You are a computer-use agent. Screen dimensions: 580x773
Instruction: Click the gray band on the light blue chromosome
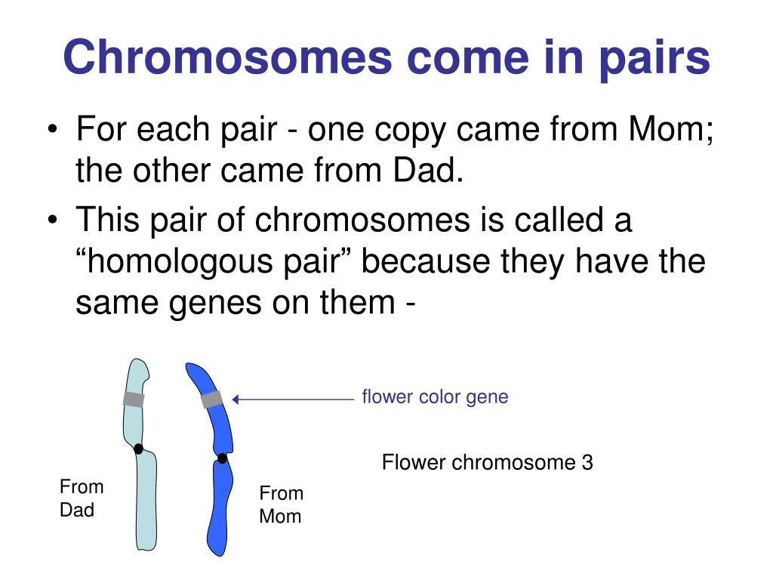pos(134,400)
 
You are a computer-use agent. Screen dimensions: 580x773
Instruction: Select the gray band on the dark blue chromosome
pos(212,399)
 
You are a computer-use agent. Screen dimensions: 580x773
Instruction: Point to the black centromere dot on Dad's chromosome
pos(138,449)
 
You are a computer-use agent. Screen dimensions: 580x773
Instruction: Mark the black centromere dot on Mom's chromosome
pos(222,458)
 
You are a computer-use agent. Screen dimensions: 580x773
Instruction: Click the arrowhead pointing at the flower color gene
pos(236,400)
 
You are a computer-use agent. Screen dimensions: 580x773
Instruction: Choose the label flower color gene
pos(435,396)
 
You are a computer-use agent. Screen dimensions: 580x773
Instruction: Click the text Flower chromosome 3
pos(487,462)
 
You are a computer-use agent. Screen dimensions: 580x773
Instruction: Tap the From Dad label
pos(82,498)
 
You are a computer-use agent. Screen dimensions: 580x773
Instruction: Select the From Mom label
pos(281,505)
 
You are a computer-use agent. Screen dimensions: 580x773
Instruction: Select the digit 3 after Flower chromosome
pos(587,462)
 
